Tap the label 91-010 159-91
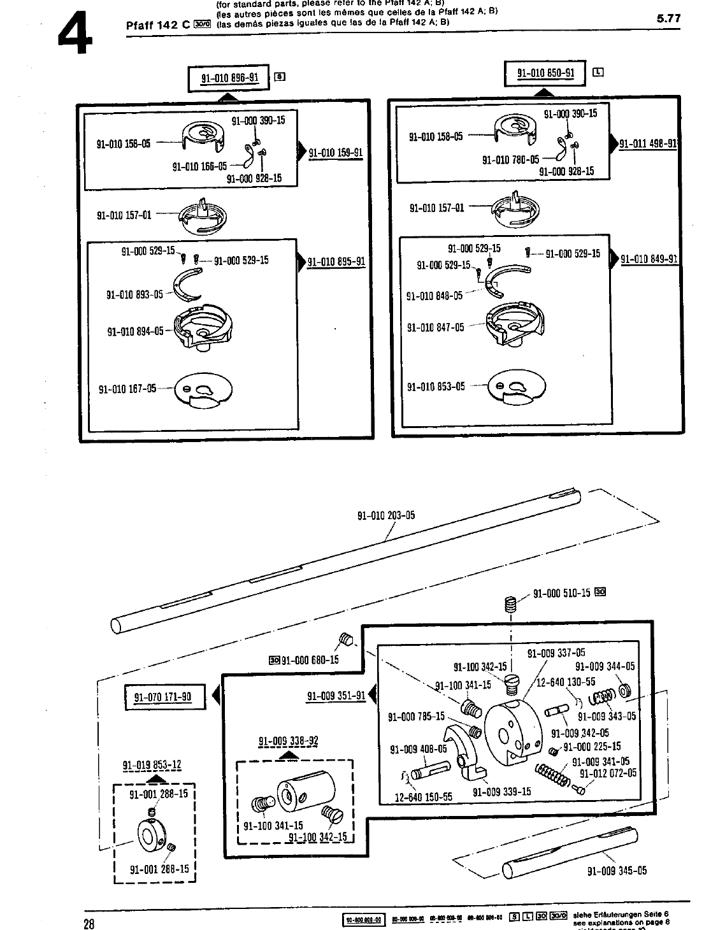tap(335, 153)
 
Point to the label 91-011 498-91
tap(648, 143)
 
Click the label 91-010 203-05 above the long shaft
tap(386, 515)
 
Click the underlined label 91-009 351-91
tap(336, 696)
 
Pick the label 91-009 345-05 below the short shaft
tap(617, 871)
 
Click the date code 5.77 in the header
tap(668, 19)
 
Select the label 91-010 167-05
tap(127, 389)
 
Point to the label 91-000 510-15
tap(561, 594)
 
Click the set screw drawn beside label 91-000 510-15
tap(510, 604)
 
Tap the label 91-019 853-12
tap(152, 765)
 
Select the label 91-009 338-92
tap(288, 741)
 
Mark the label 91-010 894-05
tap(135, 331)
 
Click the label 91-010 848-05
tap(435, 296)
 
